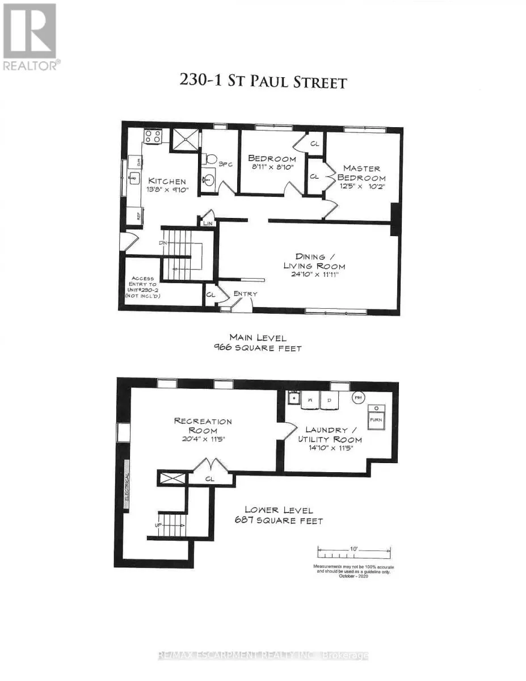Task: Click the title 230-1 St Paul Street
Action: pyautogui.click(x=263, y=81)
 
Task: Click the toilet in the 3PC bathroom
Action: pyautogui.click(x=211, y=158)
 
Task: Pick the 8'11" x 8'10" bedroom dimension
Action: pyautogui.click(x=273, y=167)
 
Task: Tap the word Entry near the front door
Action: pyautogui.click(x=245, y=293)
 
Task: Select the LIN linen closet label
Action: pyautogui.click(x=207, y=224)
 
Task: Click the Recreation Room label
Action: pyautogui.click(x=203, y=426)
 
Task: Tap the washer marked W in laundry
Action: pyautogui.click(x=310, y=401)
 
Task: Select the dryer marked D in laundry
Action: pyautogui.click(x=329, y=401)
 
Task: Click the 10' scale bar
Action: pyautogui.click(x=354, y=552)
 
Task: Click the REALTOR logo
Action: pyautogui.click(x=30, y=37)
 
